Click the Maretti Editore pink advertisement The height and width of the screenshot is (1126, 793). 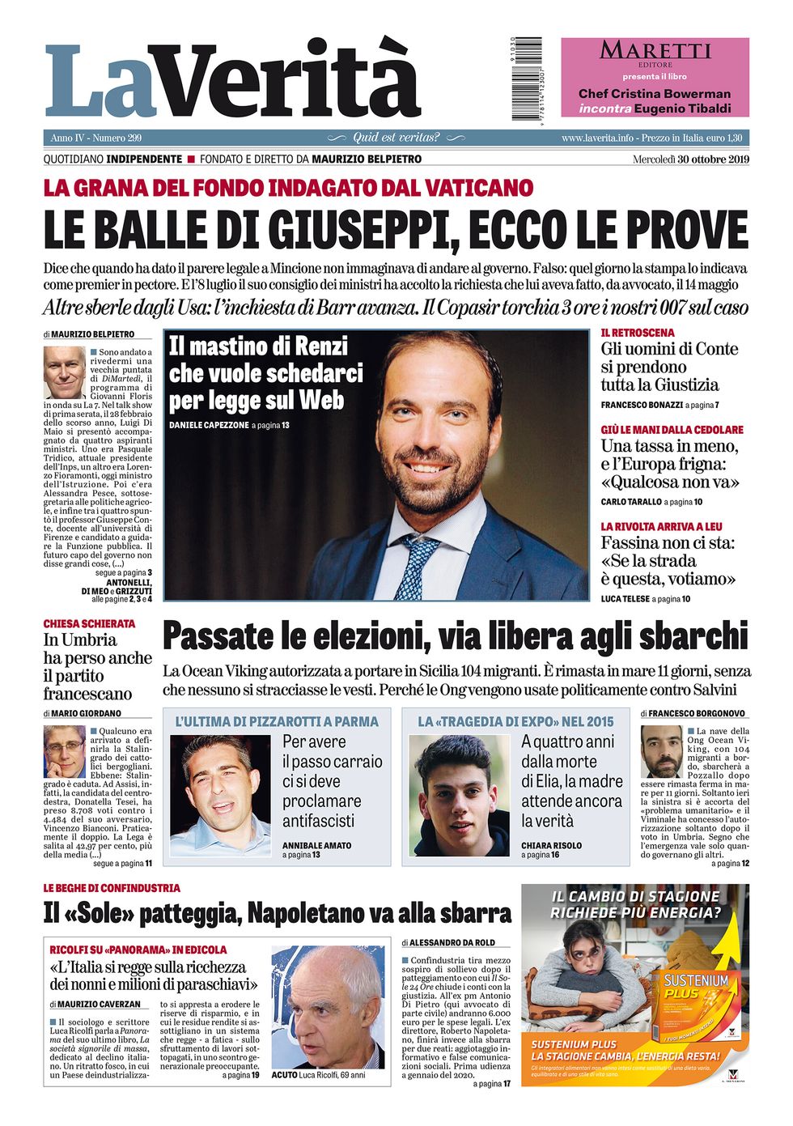click(x=655, y=78)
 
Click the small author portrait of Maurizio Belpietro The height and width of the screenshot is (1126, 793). click(x=65, y=372)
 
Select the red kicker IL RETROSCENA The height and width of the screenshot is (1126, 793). click(x=637, y=333)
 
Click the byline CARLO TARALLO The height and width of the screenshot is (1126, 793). click(x=630, y=502)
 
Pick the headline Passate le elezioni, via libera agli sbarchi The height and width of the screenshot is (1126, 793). click(x=455, y=636)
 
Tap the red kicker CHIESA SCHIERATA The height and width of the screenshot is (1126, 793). click(x=89, y=624)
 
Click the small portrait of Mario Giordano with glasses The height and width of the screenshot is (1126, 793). click(x=64, y=752)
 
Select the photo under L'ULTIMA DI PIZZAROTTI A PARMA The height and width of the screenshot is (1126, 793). click(x=221, y=795)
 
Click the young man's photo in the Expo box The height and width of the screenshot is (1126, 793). click(x=459, y=795)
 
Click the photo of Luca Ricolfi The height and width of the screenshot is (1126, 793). click(x=328, y=1007)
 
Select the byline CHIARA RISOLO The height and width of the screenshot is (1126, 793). click(x=551, y=845)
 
